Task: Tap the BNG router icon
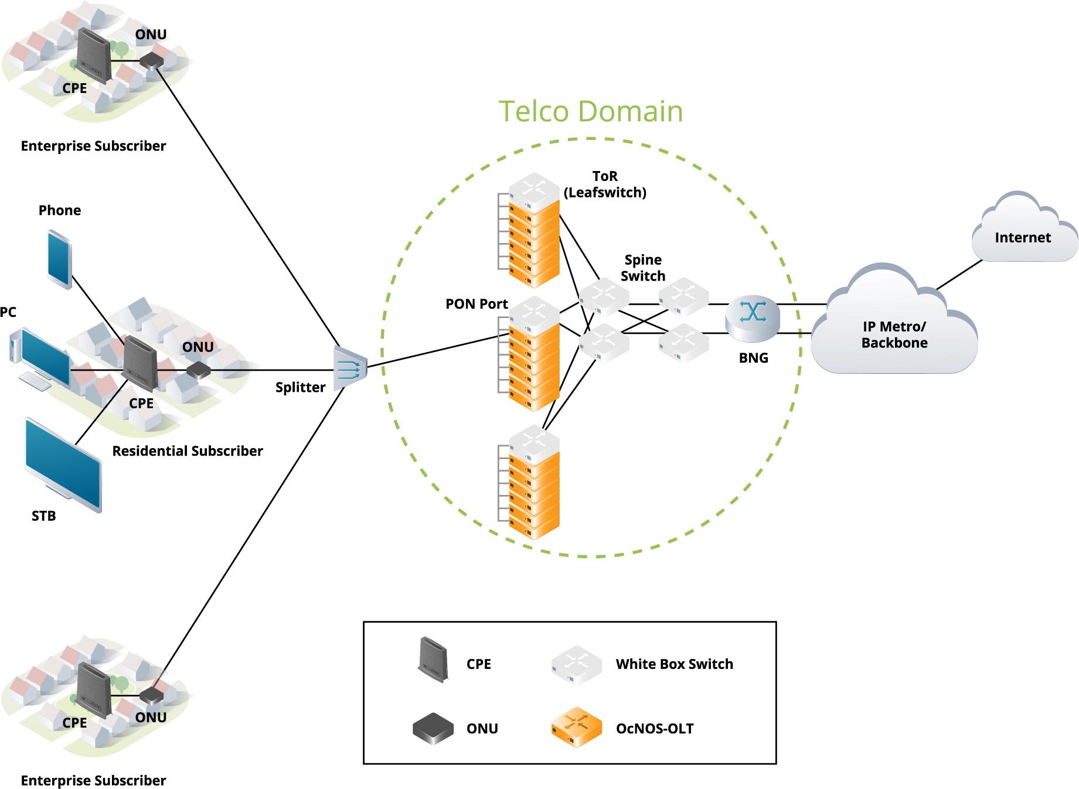(x=753, y=318)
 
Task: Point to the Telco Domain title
(x=590, y=111)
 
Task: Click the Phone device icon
(x=59, y=259)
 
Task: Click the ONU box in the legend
(x=433, y=727)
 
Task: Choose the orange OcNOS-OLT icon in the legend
(x=576, y=727)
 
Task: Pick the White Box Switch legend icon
(x=576, y=665)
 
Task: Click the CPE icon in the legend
(x=433, y=660)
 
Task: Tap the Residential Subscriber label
(x=188, y=451)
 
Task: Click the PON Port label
(x=476, y=304)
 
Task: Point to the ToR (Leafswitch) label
(x=605, y=185)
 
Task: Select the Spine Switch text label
(x=643, y=268)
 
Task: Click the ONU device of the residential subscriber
(x=199, y=370)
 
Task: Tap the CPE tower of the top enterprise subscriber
(x=93, y=56)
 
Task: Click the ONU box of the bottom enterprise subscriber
(x=152, y=695)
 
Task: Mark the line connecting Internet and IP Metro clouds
(x=959, y=274)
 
